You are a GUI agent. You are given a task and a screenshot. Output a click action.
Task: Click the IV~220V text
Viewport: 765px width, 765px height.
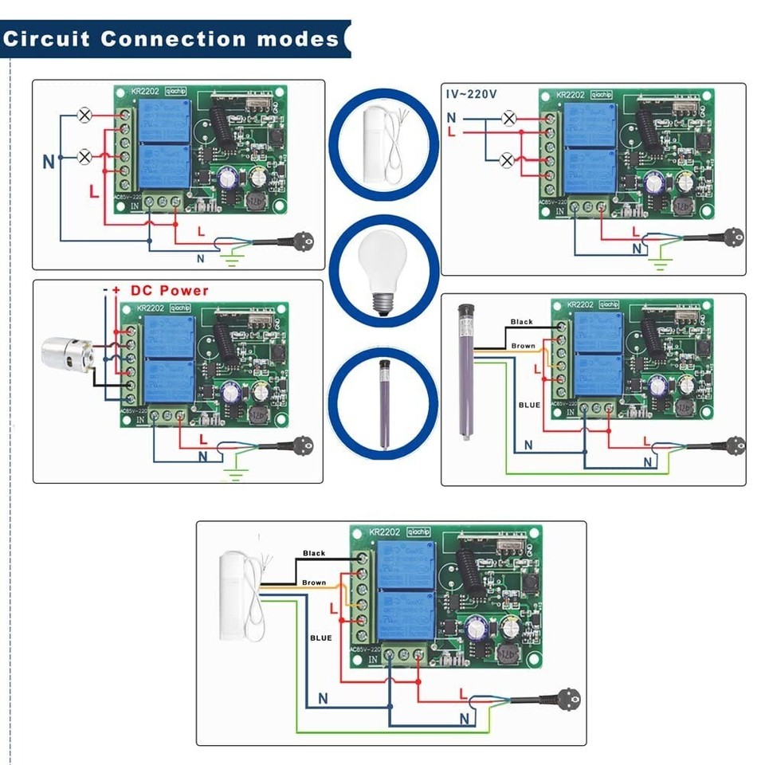pos(471,94)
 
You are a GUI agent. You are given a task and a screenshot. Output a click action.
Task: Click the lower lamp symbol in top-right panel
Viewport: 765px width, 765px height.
pos(506,161)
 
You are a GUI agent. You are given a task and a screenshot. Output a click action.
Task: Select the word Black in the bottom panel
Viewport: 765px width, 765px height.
pos(314,553)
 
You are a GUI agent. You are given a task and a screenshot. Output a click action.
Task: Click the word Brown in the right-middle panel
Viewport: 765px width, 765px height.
pos(524,346)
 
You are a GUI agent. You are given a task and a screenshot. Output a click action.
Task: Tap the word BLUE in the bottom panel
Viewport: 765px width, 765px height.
pos(320,637)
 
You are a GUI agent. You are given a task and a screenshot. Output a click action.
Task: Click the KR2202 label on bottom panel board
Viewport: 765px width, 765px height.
pos(386,532)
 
